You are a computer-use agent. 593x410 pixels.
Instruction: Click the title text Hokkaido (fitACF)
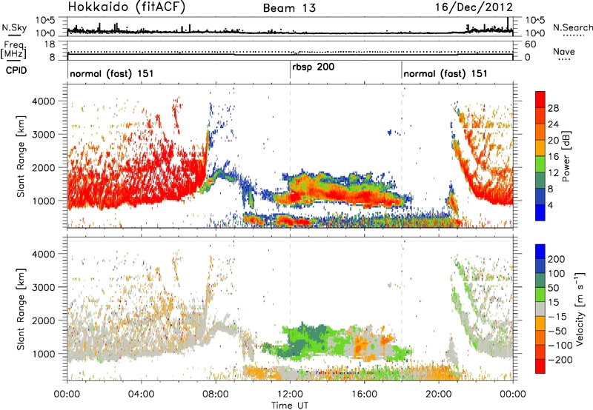pos(127,7)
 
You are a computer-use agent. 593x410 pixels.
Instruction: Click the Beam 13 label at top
pos(289,8)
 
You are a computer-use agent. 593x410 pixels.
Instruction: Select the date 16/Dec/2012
pos(474,7)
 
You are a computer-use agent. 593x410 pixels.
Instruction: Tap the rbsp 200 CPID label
pos(313,67)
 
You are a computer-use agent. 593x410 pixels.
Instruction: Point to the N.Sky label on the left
pos(14,27)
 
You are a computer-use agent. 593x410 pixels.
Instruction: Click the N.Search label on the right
pos(572,27)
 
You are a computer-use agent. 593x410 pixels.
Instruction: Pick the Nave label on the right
pos(564,51)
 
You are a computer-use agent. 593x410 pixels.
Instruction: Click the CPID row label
pos(16,70)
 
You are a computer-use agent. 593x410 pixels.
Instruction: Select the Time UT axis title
pos(290,406)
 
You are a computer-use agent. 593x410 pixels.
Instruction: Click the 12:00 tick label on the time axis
pos(290,394)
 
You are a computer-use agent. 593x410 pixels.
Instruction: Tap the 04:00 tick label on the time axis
pos(141,394)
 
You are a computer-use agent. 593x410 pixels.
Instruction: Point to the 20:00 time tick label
pos(439,394)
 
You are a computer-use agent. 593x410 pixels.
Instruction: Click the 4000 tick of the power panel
pos(44,101)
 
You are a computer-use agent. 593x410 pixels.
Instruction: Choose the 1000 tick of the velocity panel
pos(44,354)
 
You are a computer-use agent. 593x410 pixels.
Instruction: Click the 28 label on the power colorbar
pos(553,108)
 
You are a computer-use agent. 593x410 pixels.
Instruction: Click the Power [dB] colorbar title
pos(566,156)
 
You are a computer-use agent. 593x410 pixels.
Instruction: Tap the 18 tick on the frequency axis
pos(50,44)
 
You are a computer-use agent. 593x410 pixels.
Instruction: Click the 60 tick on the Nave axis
pos(530,44)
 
